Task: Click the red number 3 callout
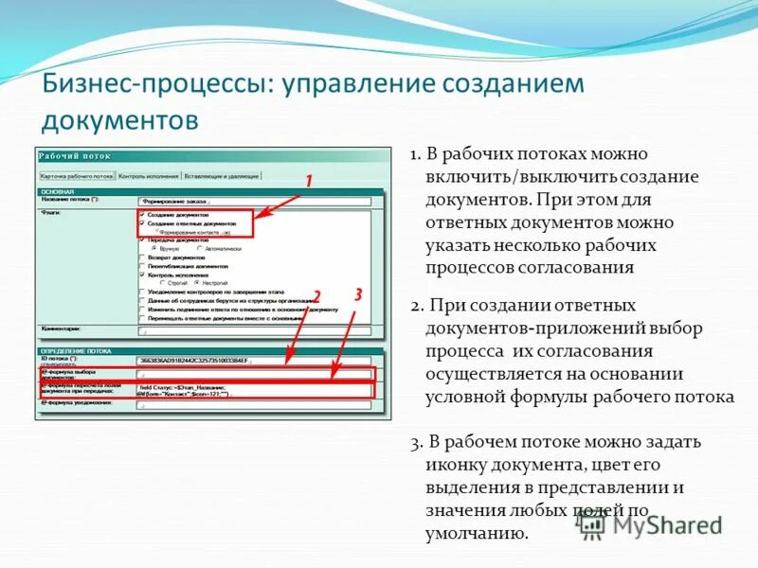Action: [x=358, y=295]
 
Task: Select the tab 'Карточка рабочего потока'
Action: [x=77, y=175]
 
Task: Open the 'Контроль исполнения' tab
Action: [x=149, y=175]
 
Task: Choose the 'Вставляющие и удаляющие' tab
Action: [x=221, y=175]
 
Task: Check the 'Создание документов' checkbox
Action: [x=142, y=215]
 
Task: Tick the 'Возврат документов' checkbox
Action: [x=142, y=257]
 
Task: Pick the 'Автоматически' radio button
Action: [x=200, y=248]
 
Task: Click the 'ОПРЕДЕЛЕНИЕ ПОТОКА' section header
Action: [x=75, y=351]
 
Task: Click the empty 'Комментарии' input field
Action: [x=256, y=331]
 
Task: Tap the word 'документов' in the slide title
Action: [x=120, y=120]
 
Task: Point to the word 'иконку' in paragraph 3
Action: [x=454, y=466]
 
